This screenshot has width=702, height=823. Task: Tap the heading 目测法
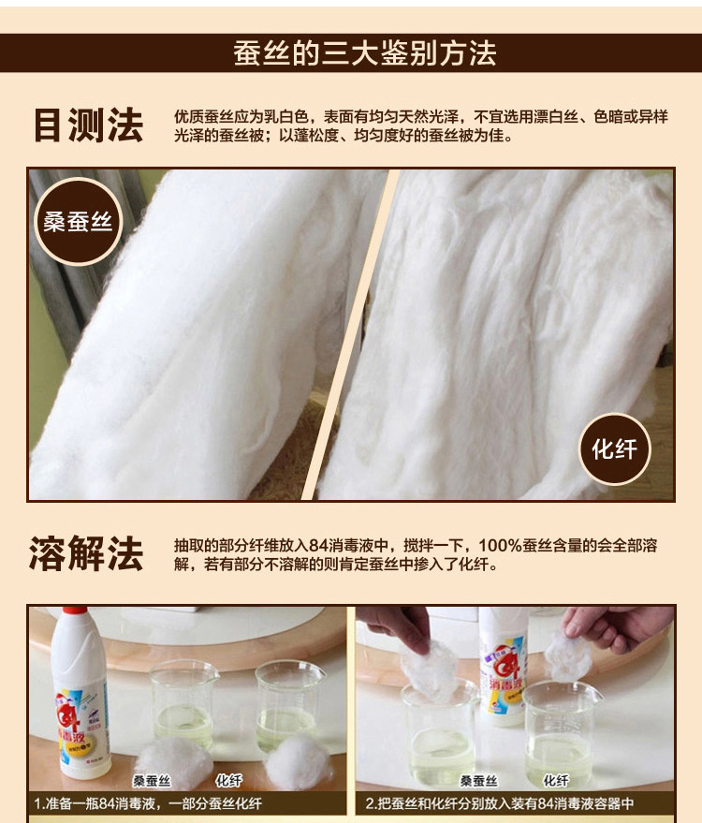(x=88, y=125)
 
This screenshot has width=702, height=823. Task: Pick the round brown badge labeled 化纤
(x=615, y=449)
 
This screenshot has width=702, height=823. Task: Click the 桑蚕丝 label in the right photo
(x=478, y=781)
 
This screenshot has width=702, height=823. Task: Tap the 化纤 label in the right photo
(x=556, y=781)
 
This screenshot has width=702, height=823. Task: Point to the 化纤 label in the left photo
(x=228, y=780)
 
